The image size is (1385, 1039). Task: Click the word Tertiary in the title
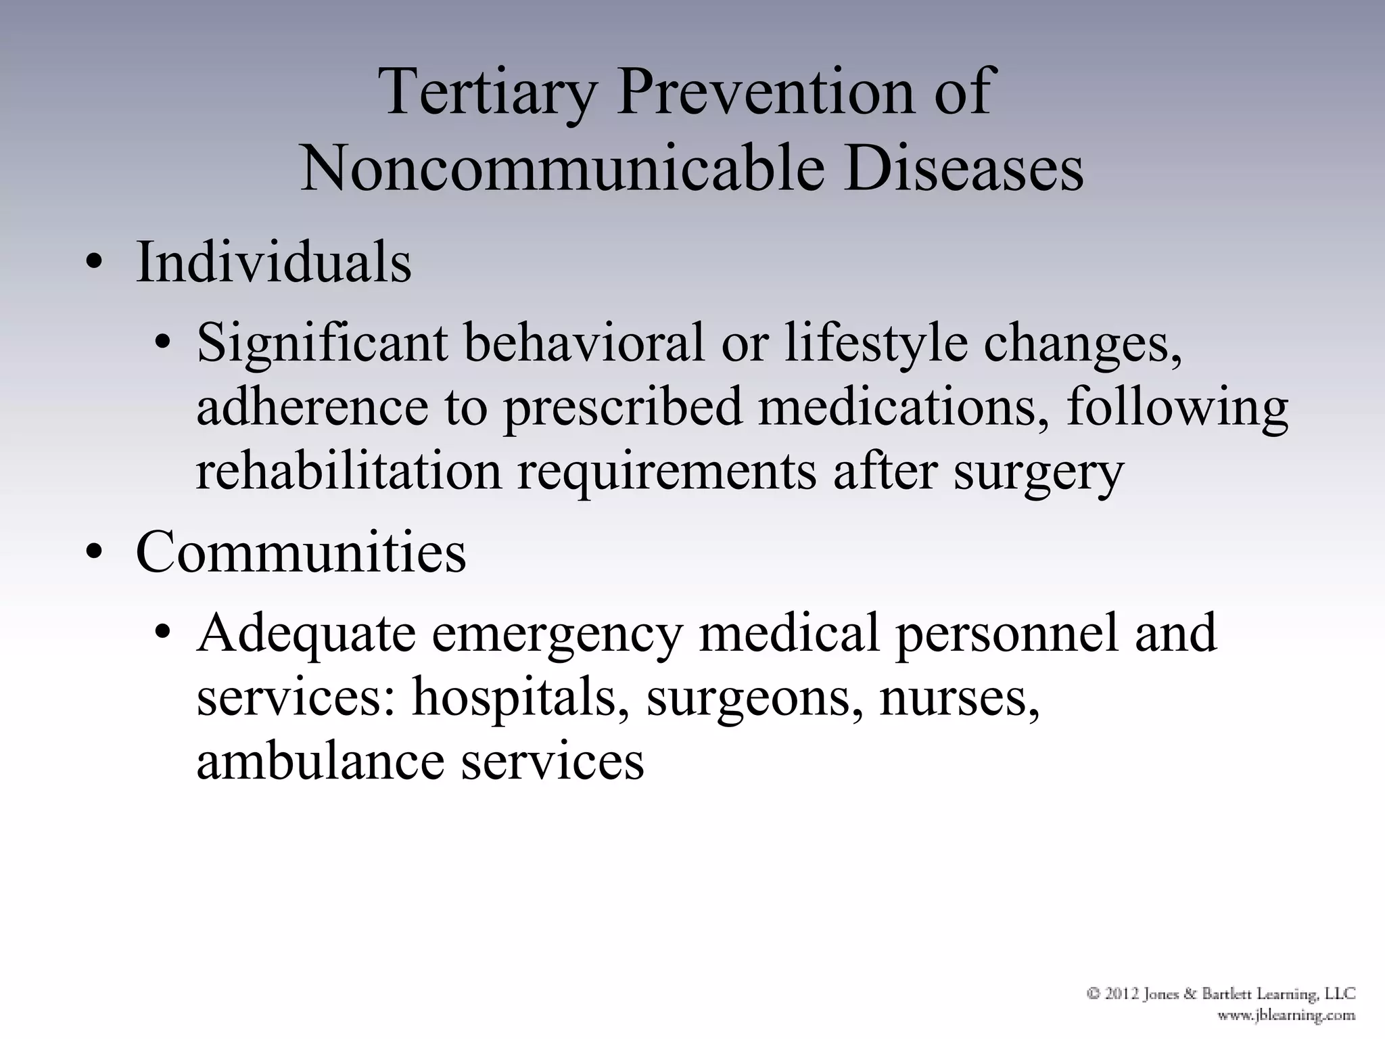488,93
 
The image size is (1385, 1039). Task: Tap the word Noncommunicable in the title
561,168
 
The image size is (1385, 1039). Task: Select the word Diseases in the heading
963,168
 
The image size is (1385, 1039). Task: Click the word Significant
322,343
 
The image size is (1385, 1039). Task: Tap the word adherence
312,408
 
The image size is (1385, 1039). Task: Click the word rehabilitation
348,471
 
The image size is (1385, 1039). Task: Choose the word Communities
301,552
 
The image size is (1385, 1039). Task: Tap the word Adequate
306,633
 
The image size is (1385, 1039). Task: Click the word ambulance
321,762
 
